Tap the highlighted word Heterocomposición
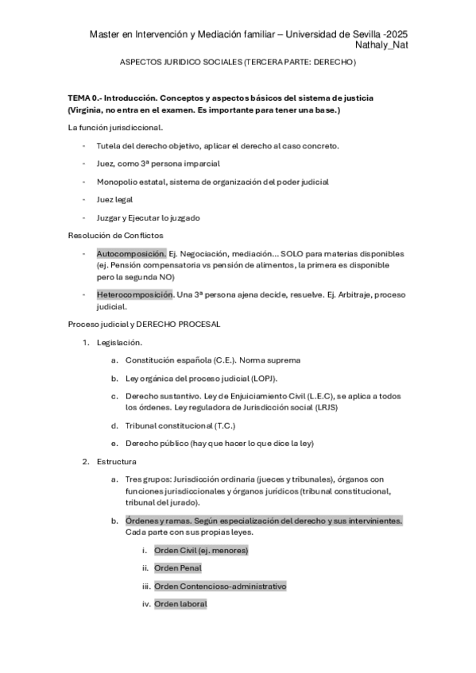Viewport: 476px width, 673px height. (x=134, y=294)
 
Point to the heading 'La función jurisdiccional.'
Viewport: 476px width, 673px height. (x=116, y=127)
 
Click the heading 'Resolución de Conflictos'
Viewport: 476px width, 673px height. (x=115, y=235)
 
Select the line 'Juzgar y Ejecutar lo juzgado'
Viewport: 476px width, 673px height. (x=148, y=217)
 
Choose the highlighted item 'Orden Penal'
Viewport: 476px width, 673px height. (x=178, y=567)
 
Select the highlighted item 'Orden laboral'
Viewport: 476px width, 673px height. (x=180, y=604)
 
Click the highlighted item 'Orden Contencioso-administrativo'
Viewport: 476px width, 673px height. (x=220, y=586)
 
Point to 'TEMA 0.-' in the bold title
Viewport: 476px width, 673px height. (x=84, y=97)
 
